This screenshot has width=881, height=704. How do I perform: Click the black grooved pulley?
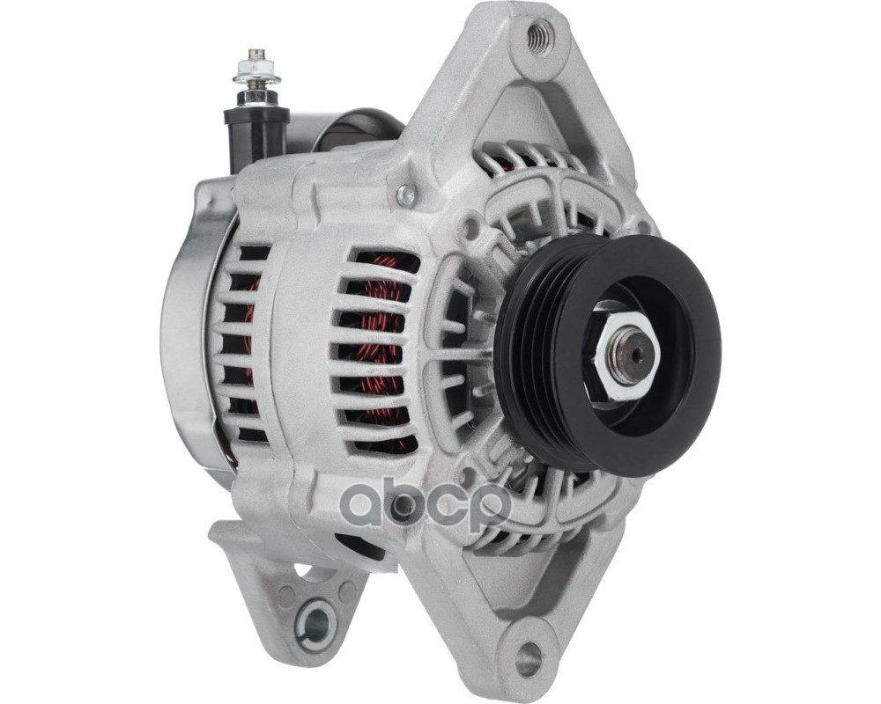click(x=609, y=356)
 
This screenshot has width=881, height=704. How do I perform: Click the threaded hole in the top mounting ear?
click(x=538, y=38)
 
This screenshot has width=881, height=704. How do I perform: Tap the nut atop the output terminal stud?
click(x=256, y=70)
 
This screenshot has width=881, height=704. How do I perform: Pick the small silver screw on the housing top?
click(x=405, y=194)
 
